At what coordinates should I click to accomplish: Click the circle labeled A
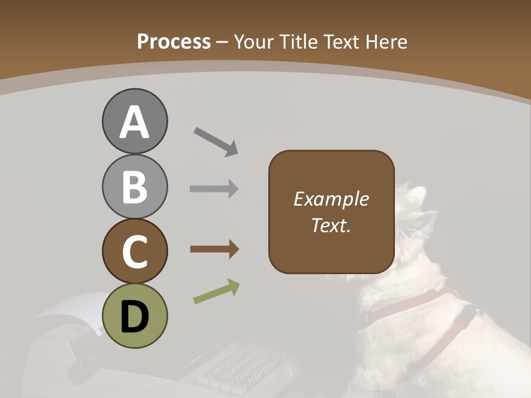134,122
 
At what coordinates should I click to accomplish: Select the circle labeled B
134,186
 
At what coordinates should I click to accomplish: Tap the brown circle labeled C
134,251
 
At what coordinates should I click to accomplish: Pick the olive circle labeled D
134,316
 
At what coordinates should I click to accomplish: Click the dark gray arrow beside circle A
215,142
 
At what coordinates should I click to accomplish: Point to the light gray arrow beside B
214,188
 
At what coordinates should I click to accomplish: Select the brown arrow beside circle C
214,249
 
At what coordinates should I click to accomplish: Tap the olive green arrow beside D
216,292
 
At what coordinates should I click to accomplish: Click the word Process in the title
174,42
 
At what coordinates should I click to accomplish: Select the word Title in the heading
298,42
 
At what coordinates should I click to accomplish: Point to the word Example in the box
331,199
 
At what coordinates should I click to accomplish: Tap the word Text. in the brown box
331,225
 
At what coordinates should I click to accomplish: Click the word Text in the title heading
341,42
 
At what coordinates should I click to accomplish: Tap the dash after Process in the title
222,42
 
